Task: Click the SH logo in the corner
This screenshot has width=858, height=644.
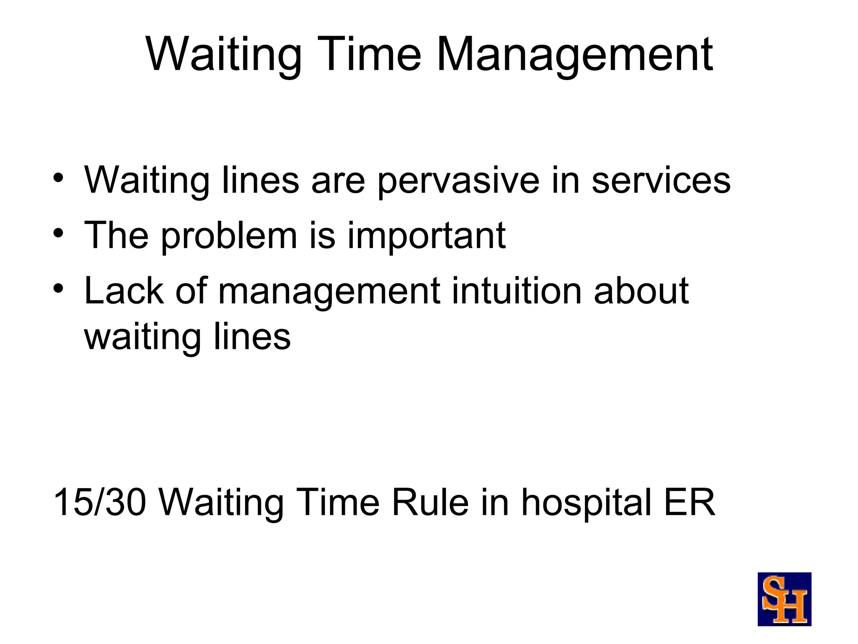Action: [784, 599]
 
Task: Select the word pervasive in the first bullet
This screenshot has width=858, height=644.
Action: [458, 181]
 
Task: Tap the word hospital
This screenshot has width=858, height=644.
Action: [586, 503]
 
